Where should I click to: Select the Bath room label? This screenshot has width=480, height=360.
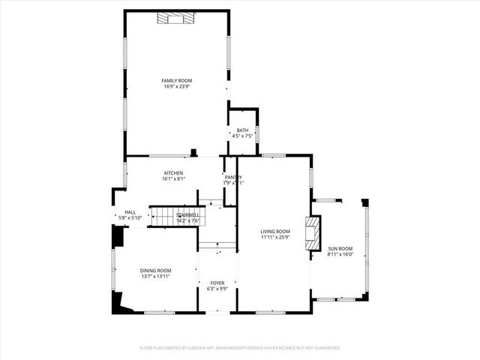(x=242, y=130)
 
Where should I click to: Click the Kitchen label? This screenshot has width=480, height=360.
(x=173, y=173)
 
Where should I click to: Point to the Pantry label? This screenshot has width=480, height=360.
(x=233, y=177)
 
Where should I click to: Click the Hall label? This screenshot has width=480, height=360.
(x=130, y=212)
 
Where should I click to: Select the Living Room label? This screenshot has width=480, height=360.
(x=275, y=232)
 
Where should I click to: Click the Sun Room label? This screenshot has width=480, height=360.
(x=340, y=248)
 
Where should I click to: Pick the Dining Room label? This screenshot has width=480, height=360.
(x=155, y=271)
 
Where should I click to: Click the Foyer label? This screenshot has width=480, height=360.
(x=217, y=283)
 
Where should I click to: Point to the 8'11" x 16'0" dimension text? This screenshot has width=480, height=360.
(x=340, y=254)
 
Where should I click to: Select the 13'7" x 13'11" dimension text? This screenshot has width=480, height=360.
(x=155, y=277)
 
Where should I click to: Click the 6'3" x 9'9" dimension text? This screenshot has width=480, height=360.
(x=217, y=289)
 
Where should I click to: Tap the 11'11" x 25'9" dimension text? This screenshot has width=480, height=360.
(x=275, y=238)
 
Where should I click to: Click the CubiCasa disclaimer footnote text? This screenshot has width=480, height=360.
(x=240, y=348)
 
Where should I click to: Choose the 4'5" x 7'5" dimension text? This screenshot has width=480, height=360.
(x=242, y=136)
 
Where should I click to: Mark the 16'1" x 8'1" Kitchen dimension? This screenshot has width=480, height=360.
(x=173, y=179)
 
